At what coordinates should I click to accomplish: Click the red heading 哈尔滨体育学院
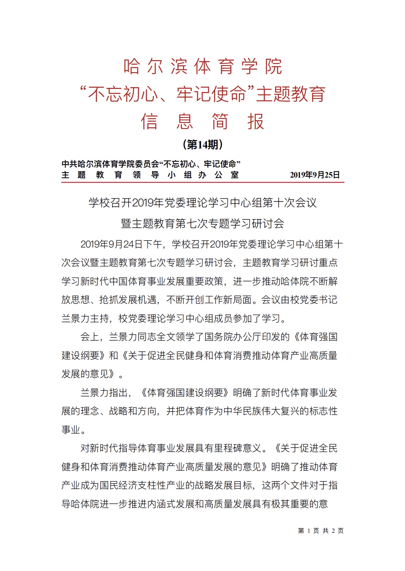pyautogui.click(x=202, y=67)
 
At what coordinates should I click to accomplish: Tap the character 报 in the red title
pyautogui.click(x=255, y=121)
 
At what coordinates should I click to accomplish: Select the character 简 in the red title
pyautogui.click(x=220, y=121)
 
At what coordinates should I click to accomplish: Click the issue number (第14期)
pyautogui.click(x=203, y=145)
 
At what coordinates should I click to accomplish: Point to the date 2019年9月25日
pyautogui.click(x=315, y=175)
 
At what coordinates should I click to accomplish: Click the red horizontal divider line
pyautogui.click(x=202, y=182)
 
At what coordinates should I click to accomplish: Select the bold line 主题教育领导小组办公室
pyautogui.click(x=150, y=175)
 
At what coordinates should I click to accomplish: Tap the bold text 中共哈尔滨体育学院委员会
pyautogui.click(x=110, y=164)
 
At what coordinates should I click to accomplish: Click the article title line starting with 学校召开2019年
pyautogui.click(x=202, y=203)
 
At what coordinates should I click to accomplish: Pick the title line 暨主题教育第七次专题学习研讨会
pyautogui.click(x=202, y=224)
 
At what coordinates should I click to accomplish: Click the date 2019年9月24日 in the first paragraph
pyautogui.click(x=112, y=245)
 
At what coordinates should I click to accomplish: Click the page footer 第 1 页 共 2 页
pyautogui.click(x=321, y=531)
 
